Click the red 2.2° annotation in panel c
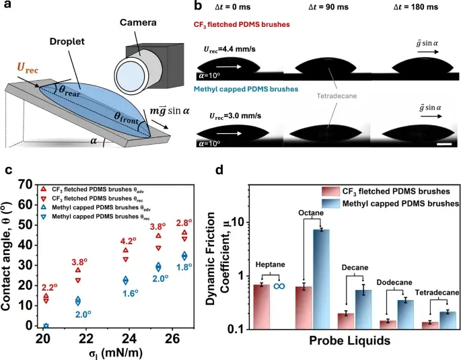click(x=46, y=288)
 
